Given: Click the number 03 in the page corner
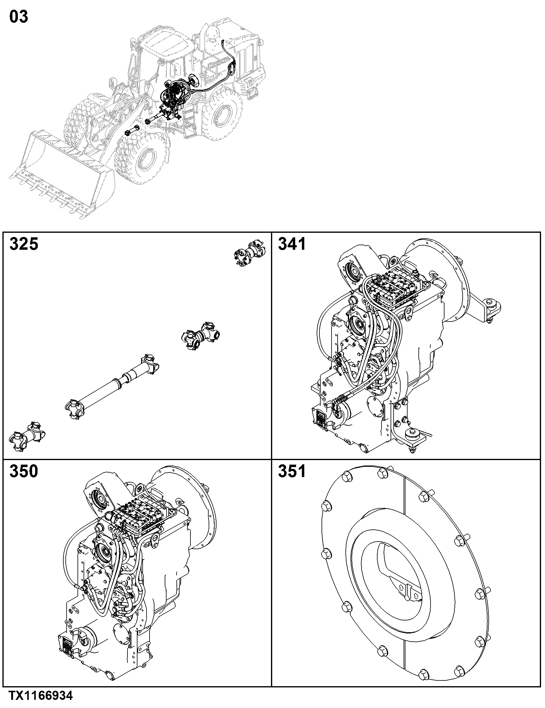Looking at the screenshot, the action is (x=19, y=17).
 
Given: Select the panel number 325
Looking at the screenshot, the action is (x=24, y=244).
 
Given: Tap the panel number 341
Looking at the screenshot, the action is (x=292, y=244).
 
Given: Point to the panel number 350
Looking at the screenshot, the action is (x=24, y=471).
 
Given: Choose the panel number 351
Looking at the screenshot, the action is (x=292, y=471).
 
